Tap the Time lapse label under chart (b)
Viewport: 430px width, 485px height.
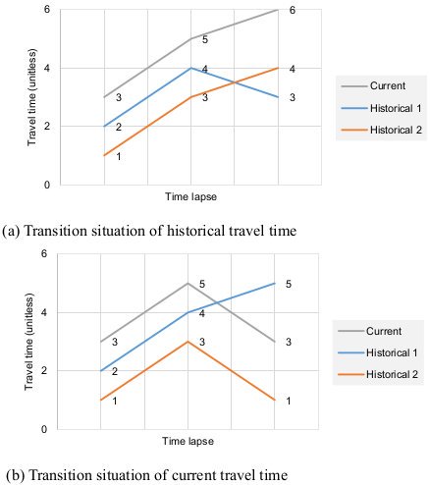click(x=188, y=445)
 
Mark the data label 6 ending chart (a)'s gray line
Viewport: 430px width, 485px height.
click(x=293, y=10)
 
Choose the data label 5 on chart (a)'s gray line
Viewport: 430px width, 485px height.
click(x=205, y=40)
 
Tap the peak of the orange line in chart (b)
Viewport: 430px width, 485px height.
click(x=188, y=342)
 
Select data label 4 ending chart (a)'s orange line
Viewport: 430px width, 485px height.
click(x=293, y=69)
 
